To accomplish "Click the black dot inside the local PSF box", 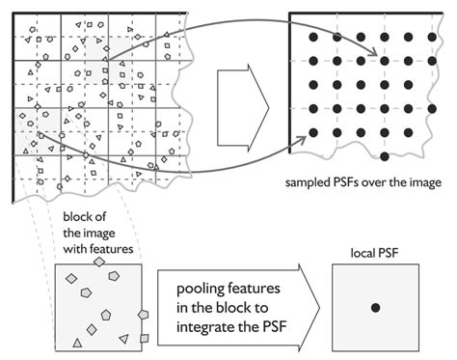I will (x=375, y=307).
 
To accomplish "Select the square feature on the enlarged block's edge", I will (x=144, y=339).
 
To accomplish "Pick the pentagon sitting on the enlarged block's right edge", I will (x=144, y=315).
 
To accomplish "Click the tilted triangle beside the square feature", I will (x=123, y=339).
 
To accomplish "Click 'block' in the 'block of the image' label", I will (x=77, y=219).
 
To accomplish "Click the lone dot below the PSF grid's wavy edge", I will (x=385, y=155).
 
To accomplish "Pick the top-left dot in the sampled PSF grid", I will (x=314, y=37).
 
